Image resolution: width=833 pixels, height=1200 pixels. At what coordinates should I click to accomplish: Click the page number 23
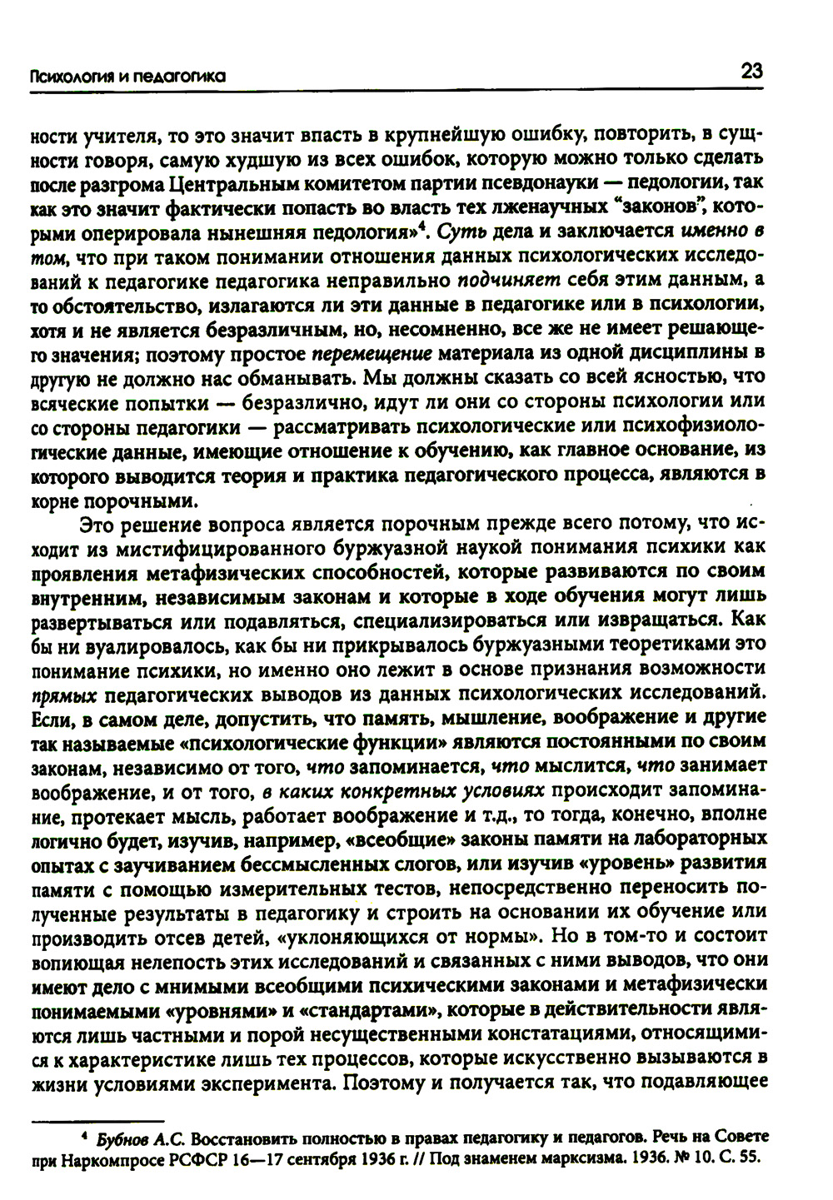coord(751,71)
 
